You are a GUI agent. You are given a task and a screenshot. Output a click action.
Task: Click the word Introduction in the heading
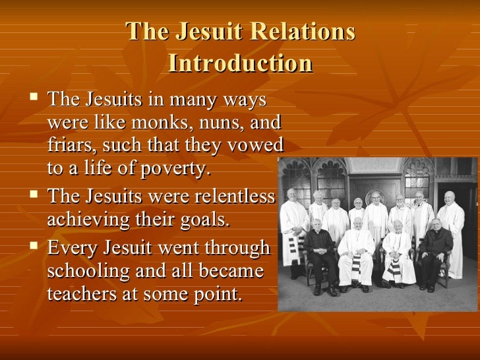[240, 63]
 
